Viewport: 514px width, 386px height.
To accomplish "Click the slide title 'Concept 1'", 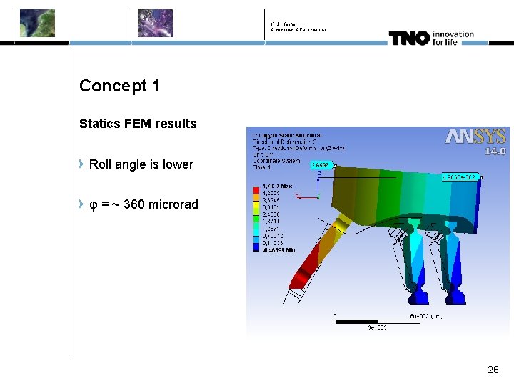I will coord(119,86).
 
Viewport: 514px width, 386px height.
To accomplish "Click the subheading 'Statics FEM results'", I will coord(138,124).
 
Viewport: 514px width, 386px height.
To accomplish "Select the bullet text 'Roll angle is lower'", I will coord(141,164).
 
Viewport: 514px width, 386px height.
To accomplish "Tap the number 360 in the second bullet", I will coord(134,205).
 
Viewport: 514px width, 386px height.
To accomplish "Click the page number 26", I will coord(493,370).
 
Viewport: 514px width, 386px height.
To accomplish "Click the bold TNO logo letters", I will coord(408,38).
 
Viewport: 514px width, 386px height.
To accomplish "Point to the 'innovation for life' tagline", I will coord(453,38).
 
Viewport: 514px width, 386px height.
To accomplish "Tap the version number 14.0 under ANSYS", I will coord(495,151).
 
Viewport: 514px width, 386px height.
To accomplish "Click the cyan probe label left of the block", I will coord(319,164).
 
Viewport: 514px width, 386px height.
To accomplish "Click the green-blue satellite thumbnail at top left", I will coord(36,23).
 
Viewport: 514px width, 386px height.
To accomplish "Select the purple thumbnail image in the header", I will coord(155,23).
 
